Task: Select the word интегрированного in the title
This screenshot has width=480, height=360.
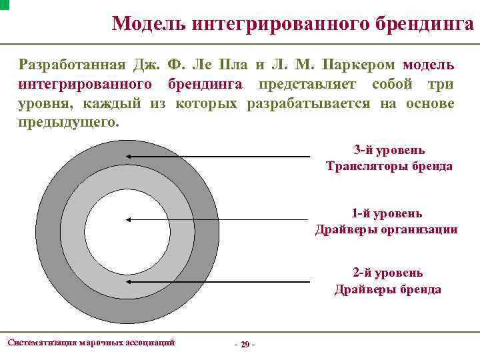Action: click(273, 24)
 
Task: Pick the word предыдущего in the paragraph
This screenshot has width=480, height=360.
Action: click(69, 123)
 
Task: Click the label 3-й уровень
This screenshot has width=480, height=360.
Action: click(389, 150)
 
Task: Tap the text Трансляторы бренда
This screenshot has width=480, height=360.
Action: click(389, 166)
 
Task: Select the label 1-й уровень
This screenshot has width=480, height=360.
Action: click(387, 213)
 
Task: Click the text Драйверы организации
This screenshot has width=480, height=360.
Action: click(387, 229)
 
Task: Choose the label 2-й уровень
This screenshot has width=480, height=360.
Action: click(387, 273)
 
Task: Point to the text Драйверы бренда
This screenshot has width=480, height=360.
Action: click(387, 289)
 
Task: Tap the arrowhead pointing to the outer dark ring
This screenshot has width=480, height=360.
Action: click(126, 157)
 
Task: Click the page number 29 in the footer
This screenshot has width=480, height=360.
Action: click(245, 344)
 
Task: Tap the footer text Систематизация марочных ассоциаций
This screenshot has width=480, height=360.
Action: click(91, 342)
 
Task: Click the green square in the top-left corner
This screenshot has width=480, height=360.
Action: click(4, 4)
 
